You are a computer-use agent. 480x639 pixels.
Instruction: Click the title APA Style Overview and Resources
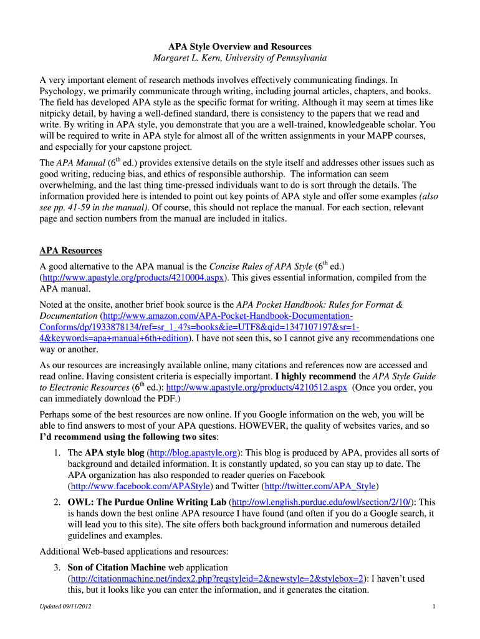pyautogui.click(x=240, y=47)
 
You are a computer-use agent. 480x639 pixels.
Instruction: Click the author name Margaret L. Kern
pyautogui.click(x=193, y=58)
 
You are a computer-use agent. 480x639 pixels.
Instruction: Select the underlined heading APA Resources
pyautogui.click(x=70, y=250)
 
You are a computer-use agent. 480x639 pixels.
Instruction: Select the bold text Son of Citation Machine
pyautogui.click(x=117, y=567)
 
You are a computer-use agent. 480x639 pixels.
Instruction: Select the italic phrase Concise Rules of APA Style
pyautogui.click(x=260, y=267)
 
